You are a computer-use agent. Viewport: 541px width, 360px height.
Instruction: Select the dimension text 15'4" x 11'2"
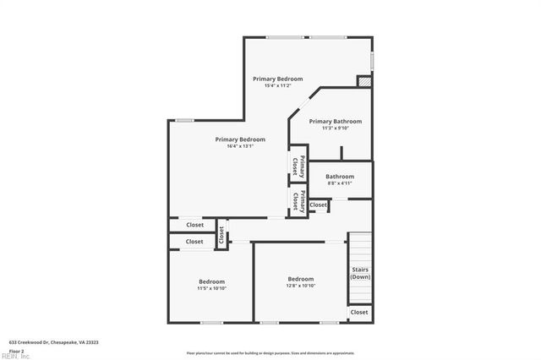tap(277, 85)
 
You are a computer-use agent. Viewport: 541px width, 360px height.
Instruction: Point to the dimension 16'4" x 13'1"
tap(240, 146)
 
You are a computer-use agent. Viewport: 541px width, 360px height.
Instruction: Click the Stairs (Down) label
tap(360, 273)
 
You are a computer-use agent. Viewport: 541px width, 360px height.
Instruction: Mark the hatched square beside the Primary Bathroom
tap(364, 82)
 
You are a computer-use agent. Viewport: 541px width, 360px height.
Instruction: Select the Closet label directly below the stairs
tap(359, 312)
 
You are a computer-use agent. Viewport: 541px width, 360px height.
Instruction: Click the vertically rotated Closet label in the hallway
tap(221, 234)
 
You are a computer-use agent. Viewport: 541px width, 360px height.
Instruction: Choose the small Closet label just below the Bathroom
tap(318, 205)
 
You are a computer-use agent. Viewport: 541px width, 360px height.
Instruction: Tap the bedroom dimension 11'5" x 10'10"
tap(211, 288)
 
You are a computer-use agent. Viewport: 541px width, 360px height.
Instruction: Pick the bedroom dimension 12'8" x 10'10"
tap(300, 286)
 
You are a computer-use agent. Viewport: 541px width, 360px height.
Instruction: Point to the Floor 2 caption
tap(17, 350)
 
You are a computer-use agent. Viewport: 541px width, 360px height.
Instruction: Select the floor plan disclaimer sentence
tap(270, 352)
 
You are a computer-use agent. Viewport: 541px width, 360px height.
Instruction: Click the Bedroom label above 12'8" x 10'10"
tap(300, 279)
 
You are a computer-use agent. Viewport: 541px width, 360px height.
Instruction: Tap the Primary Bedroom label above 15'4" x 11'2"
tap(277, 79)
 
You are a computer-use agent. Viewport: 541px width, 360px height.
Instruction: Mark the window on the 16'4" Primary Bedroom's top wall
tap(184, 120)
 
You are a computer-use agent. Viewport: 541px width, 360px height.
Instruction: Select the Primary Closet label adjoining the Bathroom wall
tap(297, 200)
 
